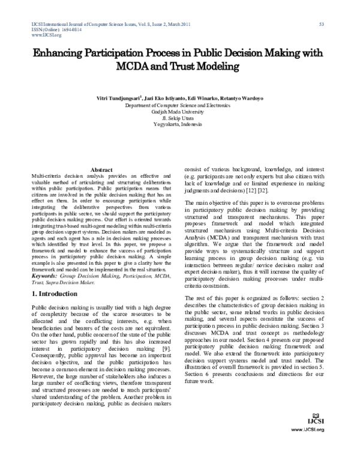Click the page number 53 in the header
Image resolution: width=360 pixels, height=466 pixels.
click(x=322, y=24)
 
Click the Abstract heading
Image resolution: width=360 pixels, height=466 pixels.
click(x=101, y=170)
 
